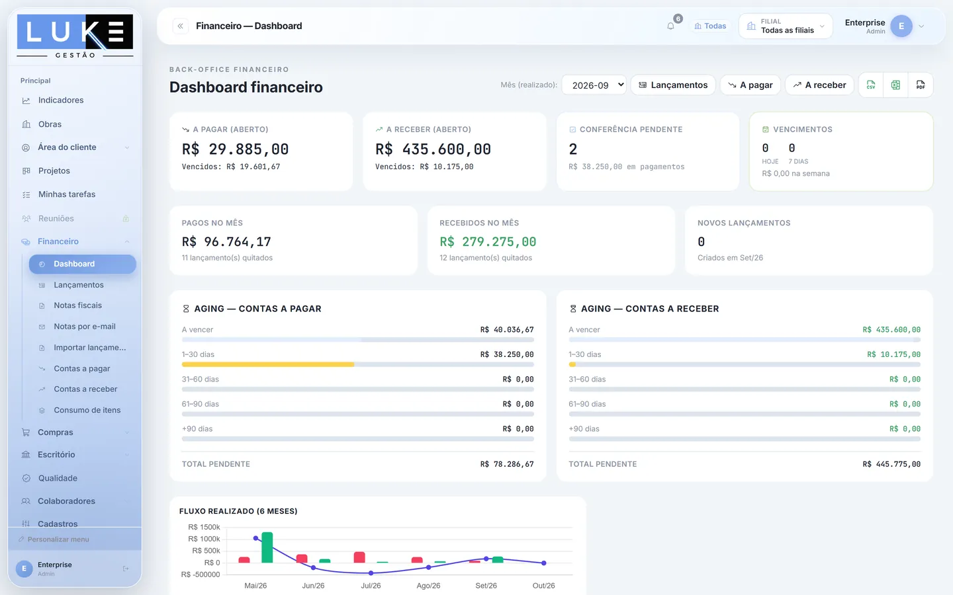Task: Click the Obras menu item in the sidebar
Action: pos(50,124)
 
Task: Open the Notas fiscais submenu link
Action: pos(77,305)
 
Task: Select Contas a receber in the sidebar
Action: pos(85,389)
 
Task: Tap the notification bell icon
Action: pos(670,26)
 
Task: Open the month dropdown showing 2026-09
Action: pos(594,85)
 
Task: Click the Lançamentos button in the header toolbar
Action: pos(673,85)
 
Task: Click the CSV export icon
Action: pos(871,85)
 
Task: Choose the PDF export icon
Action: pos(920,85)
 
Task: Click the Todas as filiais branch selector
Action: pos(786,26)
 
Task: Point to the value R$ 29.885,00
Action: pos(236,149)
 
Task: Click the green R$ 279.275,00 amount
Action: pos(488,241)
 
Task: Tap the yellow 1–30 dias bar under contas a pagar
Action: pos(267,364)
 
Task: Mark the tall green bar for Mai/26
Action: pos(267,547)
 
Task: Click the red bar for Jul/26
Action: pos(359,557)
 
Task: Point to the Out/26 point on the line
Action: pos(544,563)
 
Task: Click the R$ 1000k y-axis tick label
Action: pos(204,539)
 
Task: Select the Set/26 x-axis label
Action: pos(486,586)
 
